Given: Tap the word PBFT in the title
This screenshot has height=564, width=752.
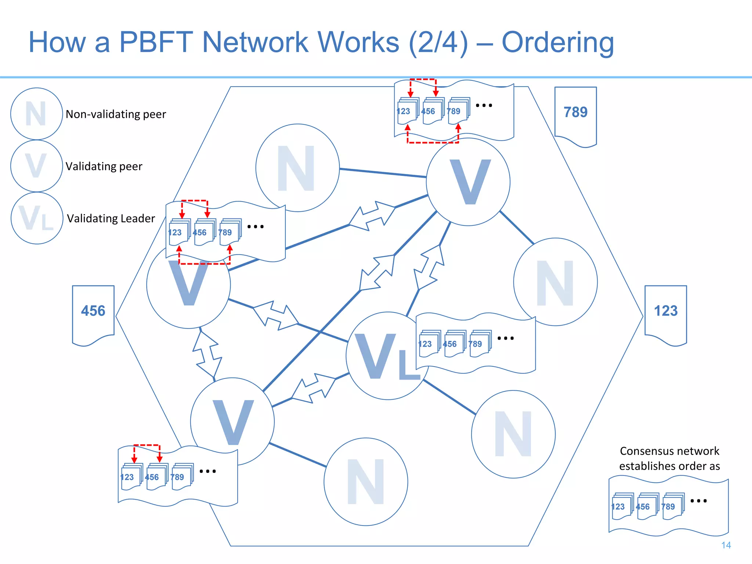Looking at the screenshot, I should click(x=156, y=42).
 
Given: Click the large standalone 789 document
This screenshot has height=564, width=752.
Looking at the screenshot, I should click(x=575, y=114).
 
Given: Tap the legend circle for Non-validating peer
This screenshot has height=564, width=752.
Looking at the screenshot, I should click(x=36, y=114).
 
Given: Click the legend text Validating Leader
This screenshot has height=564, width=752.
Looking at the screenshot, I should click(x=111, y=218).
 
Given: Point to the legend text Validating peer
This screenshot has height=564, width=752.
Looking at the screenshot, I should click(x=104, y=166).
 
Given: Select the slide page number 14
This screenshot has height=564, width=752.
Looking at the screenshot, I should click(x=726, y=545).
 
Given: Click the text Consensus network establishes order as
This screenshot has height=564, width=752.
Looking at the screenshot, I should click(x=669, y=458).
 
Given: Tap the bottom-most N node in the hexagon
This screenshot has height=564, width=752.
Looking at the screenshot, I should click(x=366, y=482).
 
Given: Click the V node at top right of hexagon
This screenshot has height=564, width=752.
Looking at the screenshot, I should click(x=468, y=182).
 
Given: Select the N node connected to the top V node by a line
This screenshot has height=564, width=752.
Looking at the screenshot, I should click(x=297, y=168).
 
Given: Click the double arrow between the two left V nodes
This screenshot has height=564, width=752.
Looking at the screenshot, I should click(x=207, y=354).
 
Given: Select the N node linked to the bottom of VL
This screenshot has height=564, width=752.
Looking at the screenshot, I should click(x=513, y=434).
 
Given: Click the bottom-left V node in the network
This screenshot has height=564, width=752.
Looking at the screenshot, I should click(x=232, y=422).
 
